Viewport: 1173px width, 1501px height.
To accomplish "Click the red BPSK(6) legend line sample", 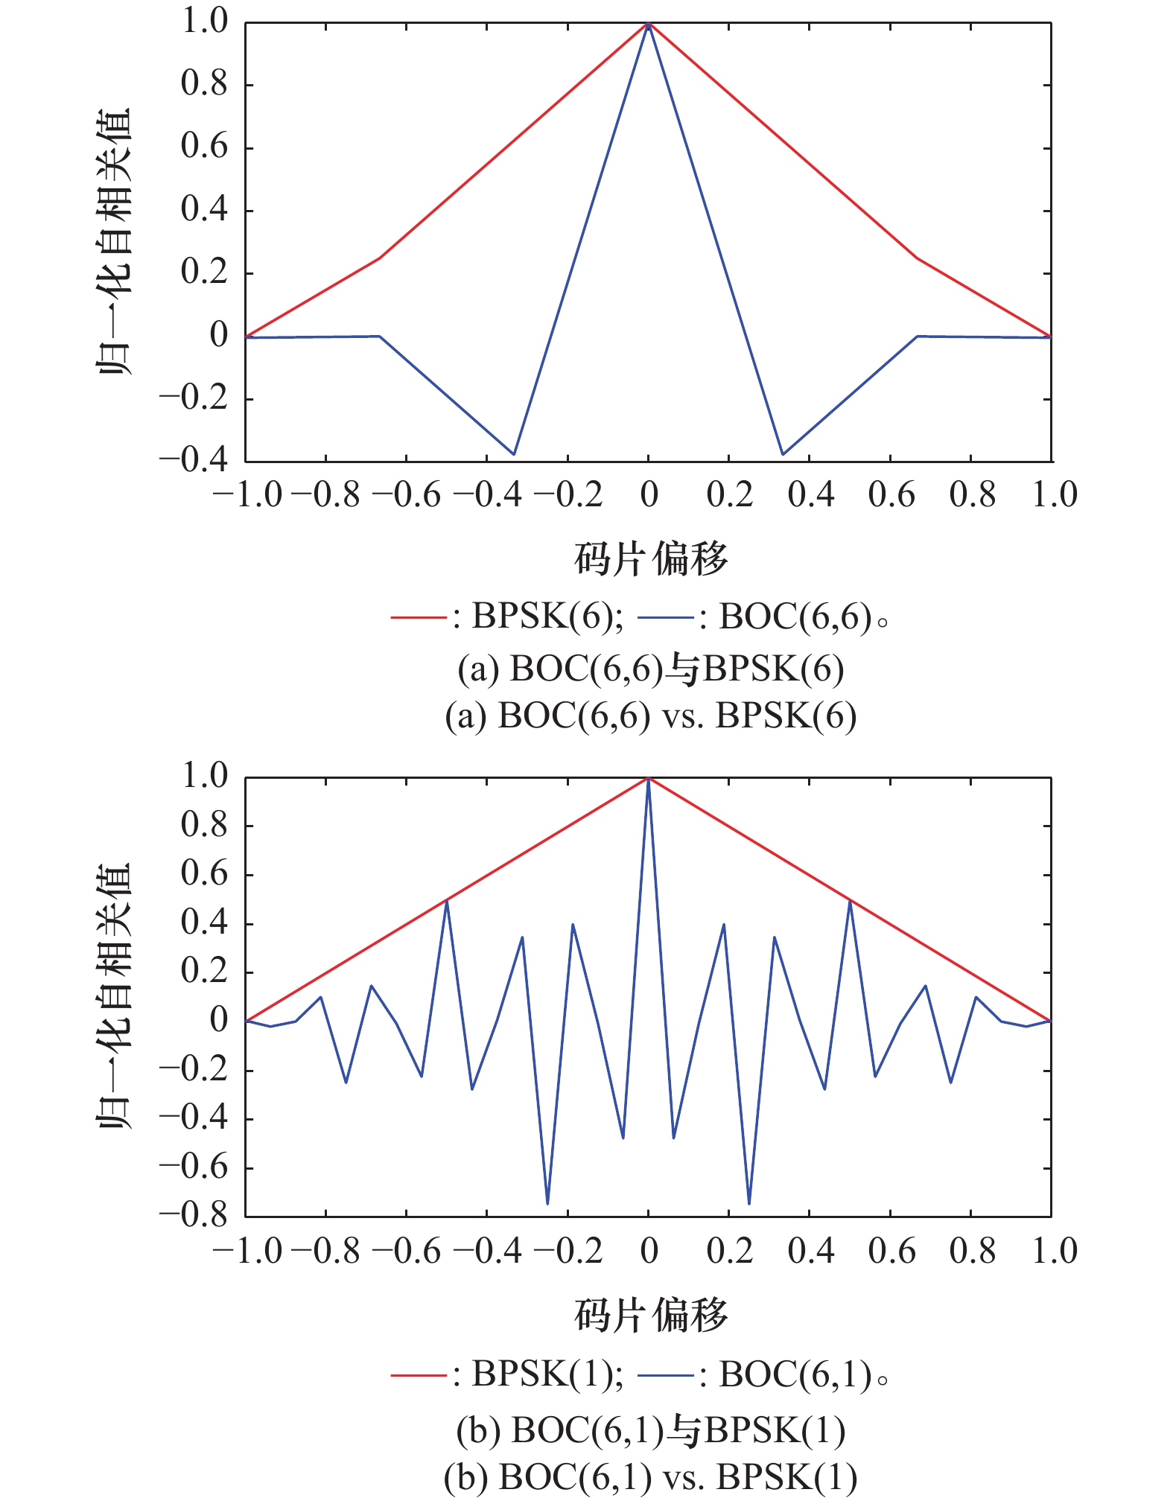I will [418, 617].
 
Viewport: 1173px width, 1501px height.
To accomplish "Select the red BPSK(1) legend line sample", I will [418, 1375].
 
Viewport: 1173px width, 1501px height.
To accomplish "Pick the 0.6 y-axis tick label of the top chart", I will [204, 147].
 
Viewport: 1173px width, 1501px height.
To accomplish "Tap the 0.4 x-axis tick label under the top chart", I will [810, 495].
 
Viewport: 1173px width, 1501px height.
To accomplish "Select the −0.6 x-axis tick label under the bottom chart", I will [407, 1252].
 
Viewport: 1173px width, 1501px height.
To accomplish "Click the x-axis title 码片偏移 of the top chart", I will [650, 559].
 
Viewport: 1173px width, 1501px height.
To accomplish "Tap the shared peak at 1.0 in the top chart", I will [648, 23].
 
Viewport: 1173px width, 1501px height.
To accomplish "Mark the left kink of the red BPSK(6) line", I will [380, 258].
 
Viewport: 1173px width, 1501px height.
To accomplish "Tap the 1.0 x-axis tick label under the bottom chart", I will [1054, 1252].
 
